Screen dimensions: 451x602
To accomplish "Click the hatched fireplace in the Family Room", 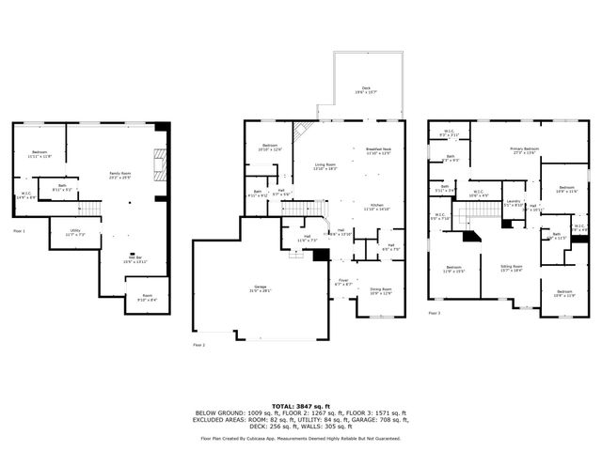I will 159,167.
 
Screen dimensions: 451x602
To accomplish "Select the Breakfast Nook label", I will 377,150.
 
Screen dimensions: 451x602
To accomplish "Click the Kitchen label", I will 376,206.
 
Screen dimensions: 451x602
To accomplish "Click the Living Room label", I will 325,166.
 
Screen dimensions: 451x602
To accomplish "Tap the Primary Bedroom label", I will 524,149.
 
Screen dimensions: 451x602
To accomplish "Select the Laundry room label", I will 513,202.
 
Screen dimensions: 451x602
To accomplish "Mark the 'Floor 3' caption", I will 434,313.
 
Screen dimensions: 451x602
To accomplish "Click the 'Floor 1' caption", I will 19,230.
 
